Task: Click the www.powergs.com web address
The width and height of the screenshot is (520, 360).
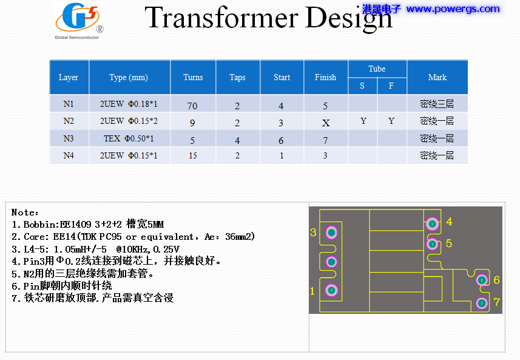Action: click(x=453, y=9)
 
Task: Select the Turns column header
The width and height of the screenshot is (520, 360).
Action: click(x=193, y=77)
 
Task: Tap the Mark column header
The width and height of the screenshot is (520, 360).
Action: click(x=437, y=77)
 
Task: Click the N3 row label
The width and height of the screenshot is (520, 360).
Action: click(x=69, y=138)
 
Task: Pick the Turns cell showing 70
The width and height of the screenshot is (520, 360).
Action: click(x=192, y=106)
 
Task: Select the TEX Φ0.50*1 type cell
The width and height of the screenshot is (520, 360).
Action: click(x=129, y=138)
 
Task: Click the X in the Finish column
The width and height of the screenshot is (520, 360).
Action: click(x=326, y=123)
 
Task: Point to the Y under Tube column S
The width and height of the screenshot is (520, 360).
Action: click(x=363, y=121)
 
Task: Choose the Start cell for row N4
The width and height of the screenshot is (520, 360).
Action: click(x=282, y=155)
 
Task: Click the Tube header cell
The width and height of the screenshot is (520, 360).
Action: click(x=377, y=69)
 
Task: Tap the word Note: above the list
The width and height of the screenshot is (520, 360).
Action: click(x=25, y=212)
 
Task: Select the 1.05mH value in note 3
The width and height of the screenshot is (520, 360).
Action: click(x=76, y=249)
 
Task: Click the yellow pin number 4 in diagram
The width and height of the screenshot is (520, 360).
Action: click(x=449, y=222)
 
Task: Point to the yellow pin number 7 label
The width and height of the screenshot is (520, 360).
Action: click(x=497, y=302)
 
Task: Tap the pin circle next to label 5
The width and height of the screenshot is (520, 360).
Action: click(x=432, y=244)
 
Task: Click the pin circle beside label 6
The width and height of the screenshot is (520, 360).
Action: click(x=481, y=280)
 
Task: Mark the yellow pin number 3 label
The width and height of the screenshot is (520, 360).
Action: click(x=313, y=233)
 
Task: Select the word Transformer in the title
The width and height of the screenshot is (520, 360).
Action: click(x=222, y=18)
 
